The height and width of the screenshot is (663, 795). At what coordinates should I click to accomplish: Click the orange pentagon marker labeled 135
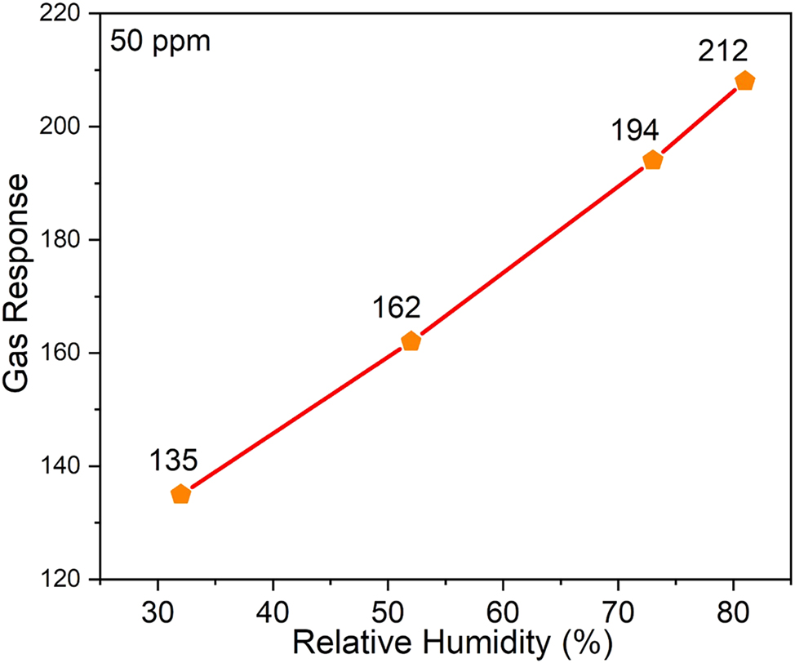[180, 494]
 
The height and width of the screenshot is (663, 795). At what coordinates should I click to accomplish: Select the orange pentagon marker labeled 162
[411, 341]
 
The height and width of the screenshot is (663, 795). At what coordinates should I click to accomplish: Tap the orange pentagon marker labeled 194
[652, 160]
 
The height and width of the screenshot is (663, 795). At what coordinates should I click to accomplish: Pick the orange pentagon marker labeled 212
[744, 81]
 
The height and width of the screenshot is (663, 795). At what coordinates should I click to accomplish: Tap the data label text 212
[723, 52]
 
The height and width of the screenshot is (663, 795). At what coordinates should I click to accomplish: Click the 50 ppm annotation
[161, 40]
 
